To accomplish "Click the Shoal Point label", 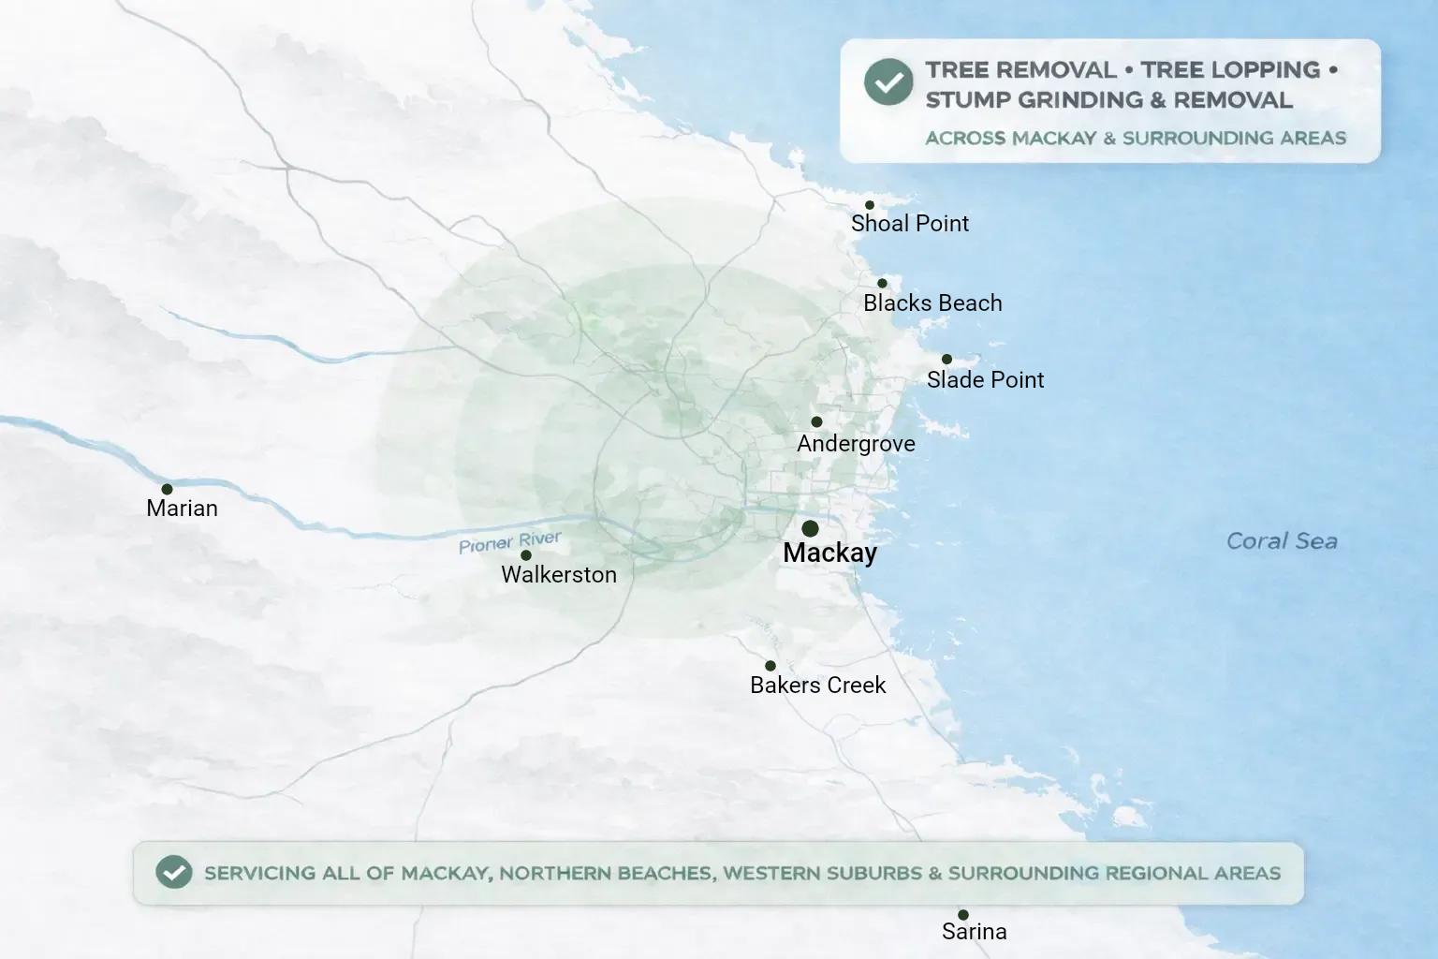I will point(909,224).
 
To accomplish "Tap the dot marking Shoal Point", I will point(870,205).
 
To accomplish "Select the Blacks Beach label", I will point(932,303).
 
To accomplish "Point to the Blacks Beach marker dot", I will point(882,284).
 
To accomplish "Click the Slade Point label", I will point(985,380).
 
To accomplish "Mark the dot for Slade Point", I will point(946,360).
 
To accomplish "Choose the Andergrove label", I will point(856,444).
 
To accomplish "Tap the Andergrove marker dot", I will point(816,422).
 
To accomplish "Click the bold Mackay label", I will point(829,553).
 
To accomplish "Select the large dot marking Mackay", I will point(811,529).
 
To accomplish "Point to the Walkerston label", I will point(559,575).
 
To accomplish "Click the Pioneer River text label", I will point(510,542).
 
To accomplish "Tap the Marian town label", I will point(182,509).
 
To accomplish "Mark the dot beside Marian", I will point(167,489).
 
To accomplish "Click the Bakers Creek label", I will point(817,686).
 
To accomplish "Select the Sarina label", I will point(974,932).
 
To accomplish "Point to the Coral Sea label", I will point(1282,541).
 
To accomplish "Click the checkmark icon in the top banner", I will point(888,82).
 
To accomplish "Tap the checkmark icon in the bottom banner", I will point(174,873).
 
